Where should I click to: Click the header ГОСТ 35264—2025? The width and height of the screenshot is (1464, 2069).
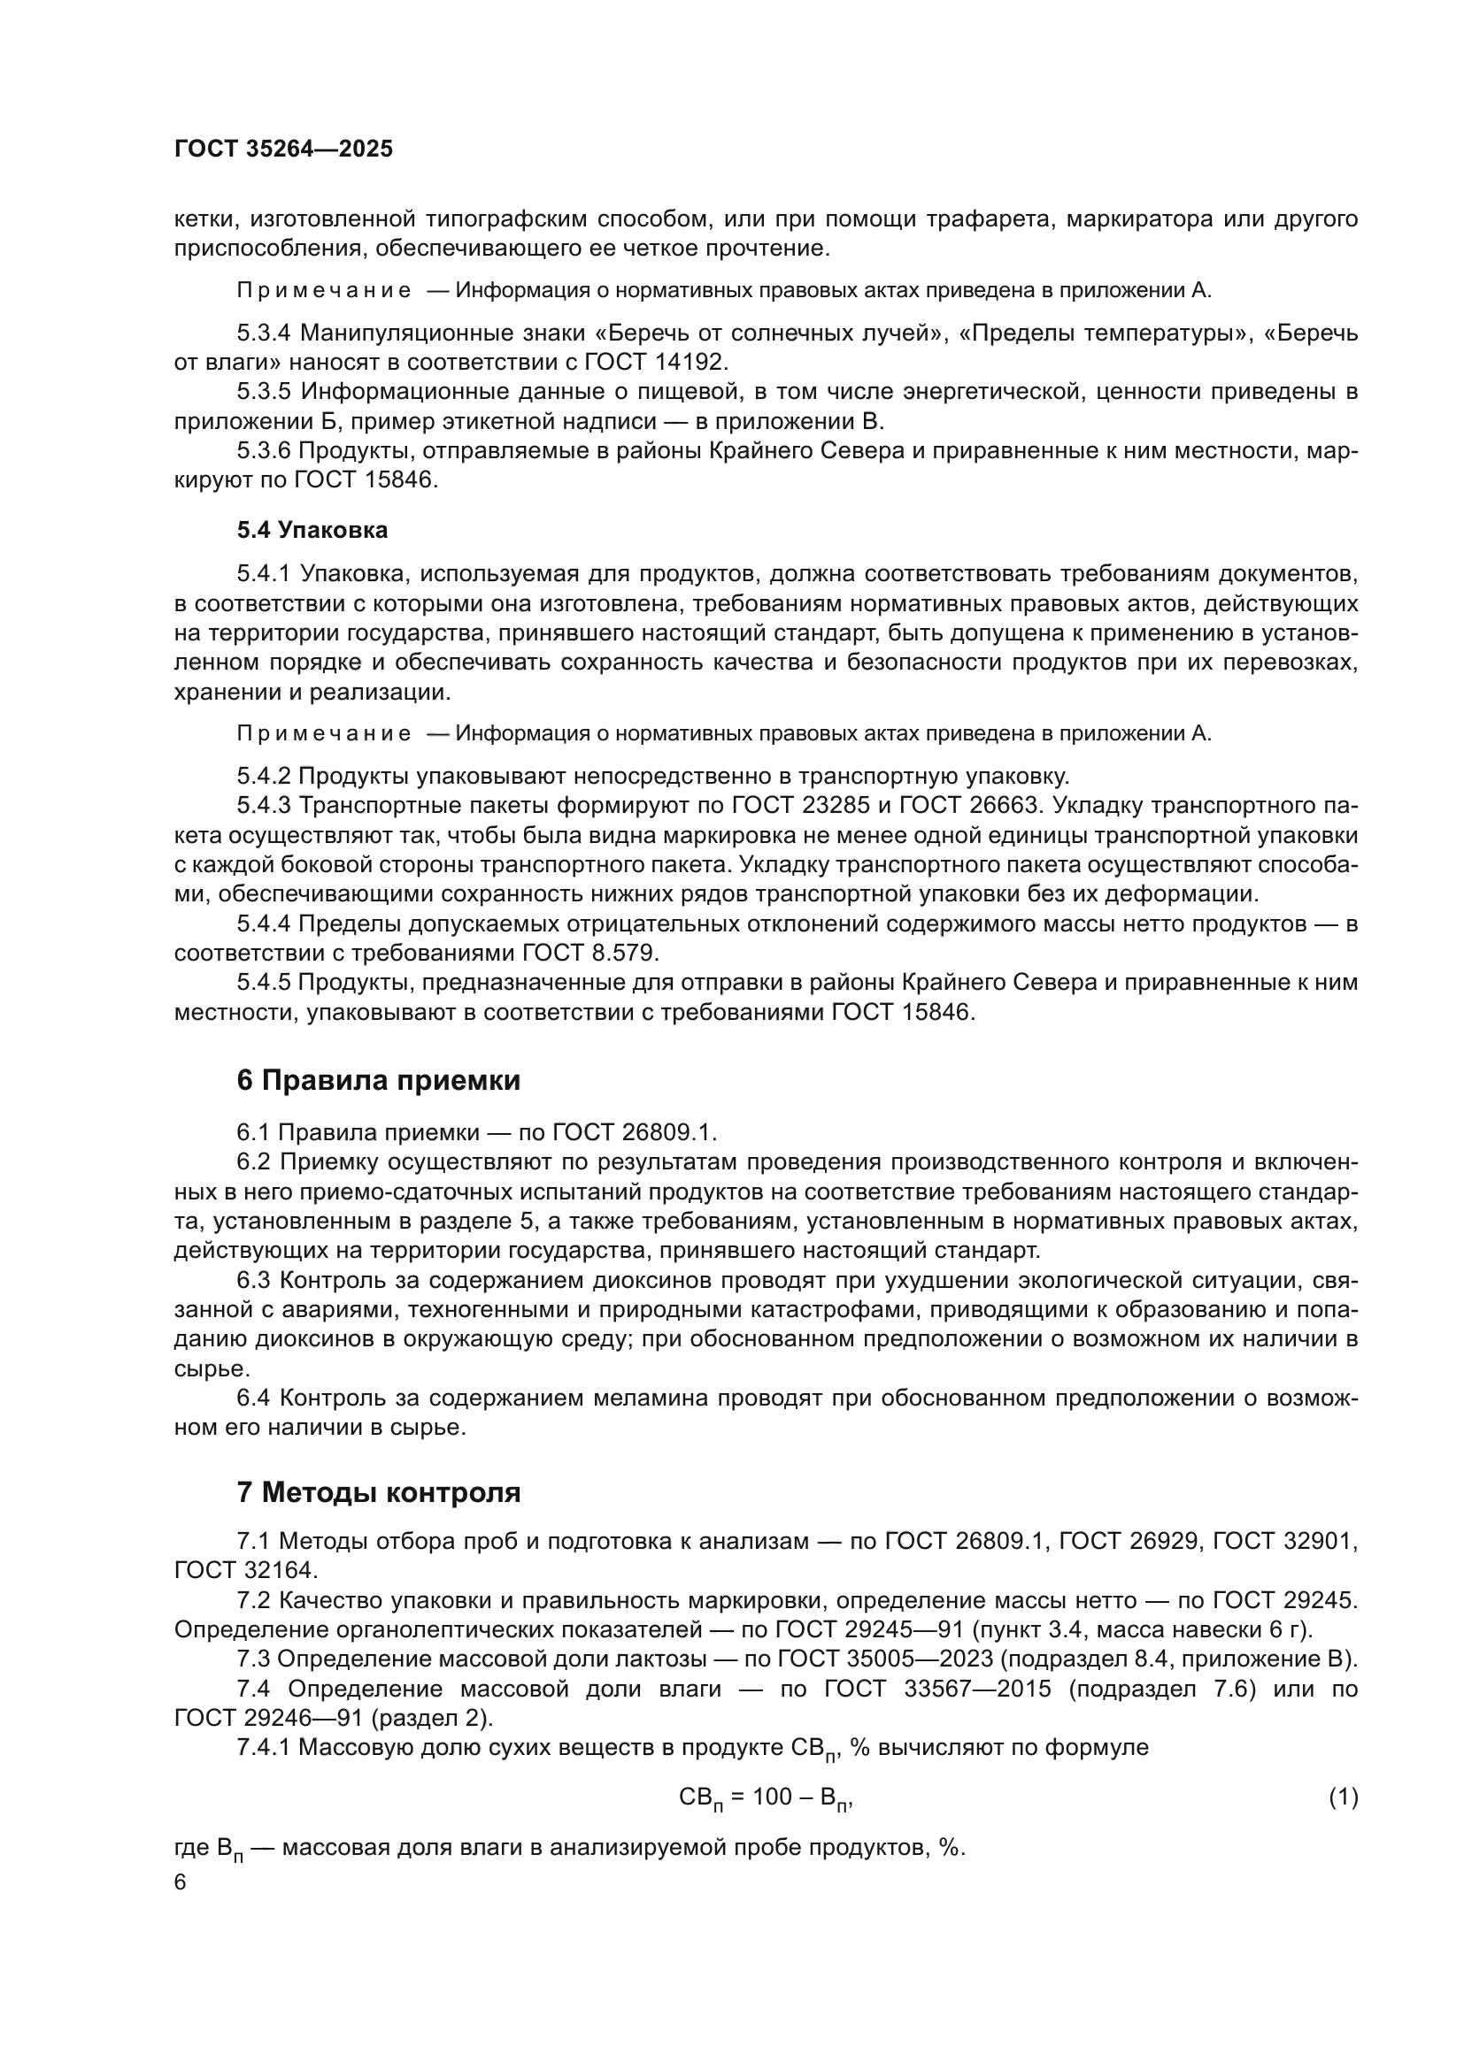pyautogui.click(x=283, y=149)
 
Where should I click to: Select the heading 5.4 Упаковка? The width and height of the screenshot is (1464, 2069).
pyautogui.click(x=312, y=530)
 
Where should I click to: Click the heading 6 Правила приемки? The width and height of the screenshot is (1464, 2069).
pyautogui.click(x=378, y=1080)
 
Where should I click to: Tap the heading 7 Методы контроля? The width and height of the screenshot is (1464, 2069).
pyautogui.click(x=378, y=1492)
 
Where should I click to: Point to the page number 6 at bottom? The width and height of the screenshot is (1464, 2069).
pyautogui.click(x=181, y=1882)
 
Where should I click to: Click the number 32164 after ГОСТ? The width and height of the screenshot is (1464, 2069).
pyautogui.click(x=280, y=1571)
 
